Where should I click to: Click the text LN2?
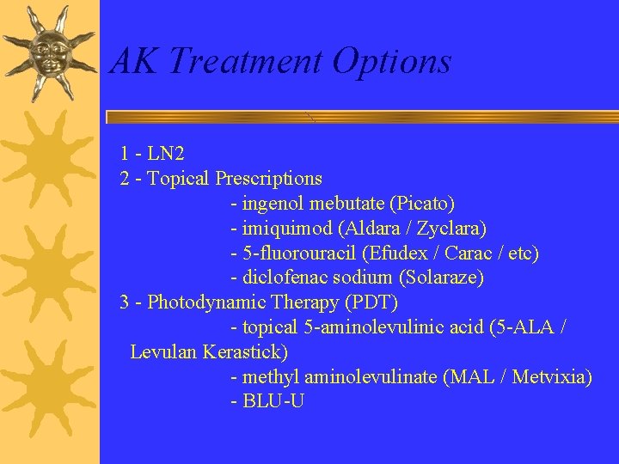pyautogui.click(x=166, y=154)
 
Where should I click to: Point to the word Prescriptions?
pyautogui.click(x=268, y=179)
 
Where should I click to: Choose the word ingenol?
pyautogui.click(x=273, y=205)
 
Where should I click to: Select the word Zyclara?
pyautogui.click(x=456, y=229)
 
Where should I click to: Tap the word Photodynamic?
pyautogui.click(x=206, y=302)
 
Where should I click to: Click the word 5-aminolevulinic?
pyautogui.click(x=361, y=327)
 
